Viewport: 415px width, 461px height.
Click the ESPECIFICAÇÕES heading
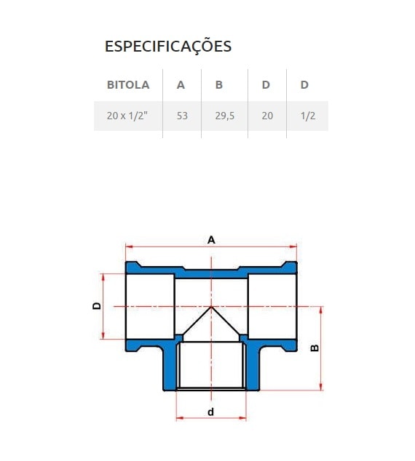coord(168,47)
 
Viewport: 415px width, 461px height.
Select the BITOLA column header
coord(128,84)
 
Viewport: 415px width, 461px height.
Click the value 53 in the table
coord(182,116)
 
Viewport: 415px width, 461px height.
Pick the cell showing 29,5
coord(224,116)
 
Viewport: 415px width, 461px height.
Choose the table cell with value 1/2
coord(307,116)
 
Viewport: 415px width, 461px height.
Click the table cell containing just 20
coord(267,116)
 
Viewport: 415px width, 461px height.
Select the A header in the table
coord(181,84)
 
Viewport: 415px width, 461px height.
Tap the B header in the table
coord(219,84)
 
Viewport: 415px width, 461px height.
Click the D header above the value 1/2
coord(304,84)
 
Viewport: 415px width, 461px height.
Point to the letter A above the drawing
coord(211,239)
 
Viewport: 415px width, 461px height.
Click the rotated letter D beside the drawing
coord(96,306)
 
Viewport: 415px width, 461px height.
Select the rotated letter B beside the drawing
coord(315,348)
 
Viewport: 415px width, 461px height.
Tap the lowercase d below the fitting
coord(210,412)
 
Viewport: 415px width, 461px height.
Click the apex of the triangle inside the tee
coord(211,307)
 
